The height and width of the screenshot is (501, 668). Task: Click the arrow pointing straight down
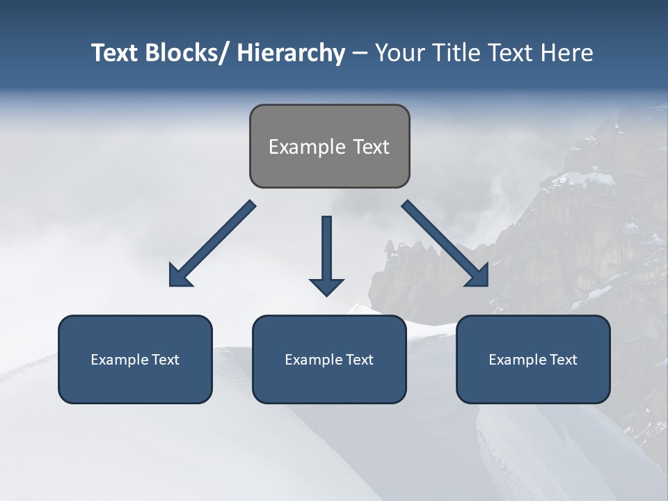coord(326,250)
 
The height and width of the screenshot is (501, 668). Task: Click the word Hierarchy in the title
coord(291,53)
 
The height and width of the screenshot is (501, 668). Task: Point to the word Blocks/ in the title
coord(189,53)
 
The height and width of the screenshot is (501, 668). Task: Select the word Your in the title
coord(399,53)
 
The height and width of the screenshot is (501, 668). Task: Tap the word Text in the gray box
coord(371,147)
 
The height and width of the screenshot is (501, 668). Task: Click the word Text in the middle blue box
coord(358,360)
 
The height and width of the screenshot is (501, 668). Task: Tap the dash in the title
coord(360,53)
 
